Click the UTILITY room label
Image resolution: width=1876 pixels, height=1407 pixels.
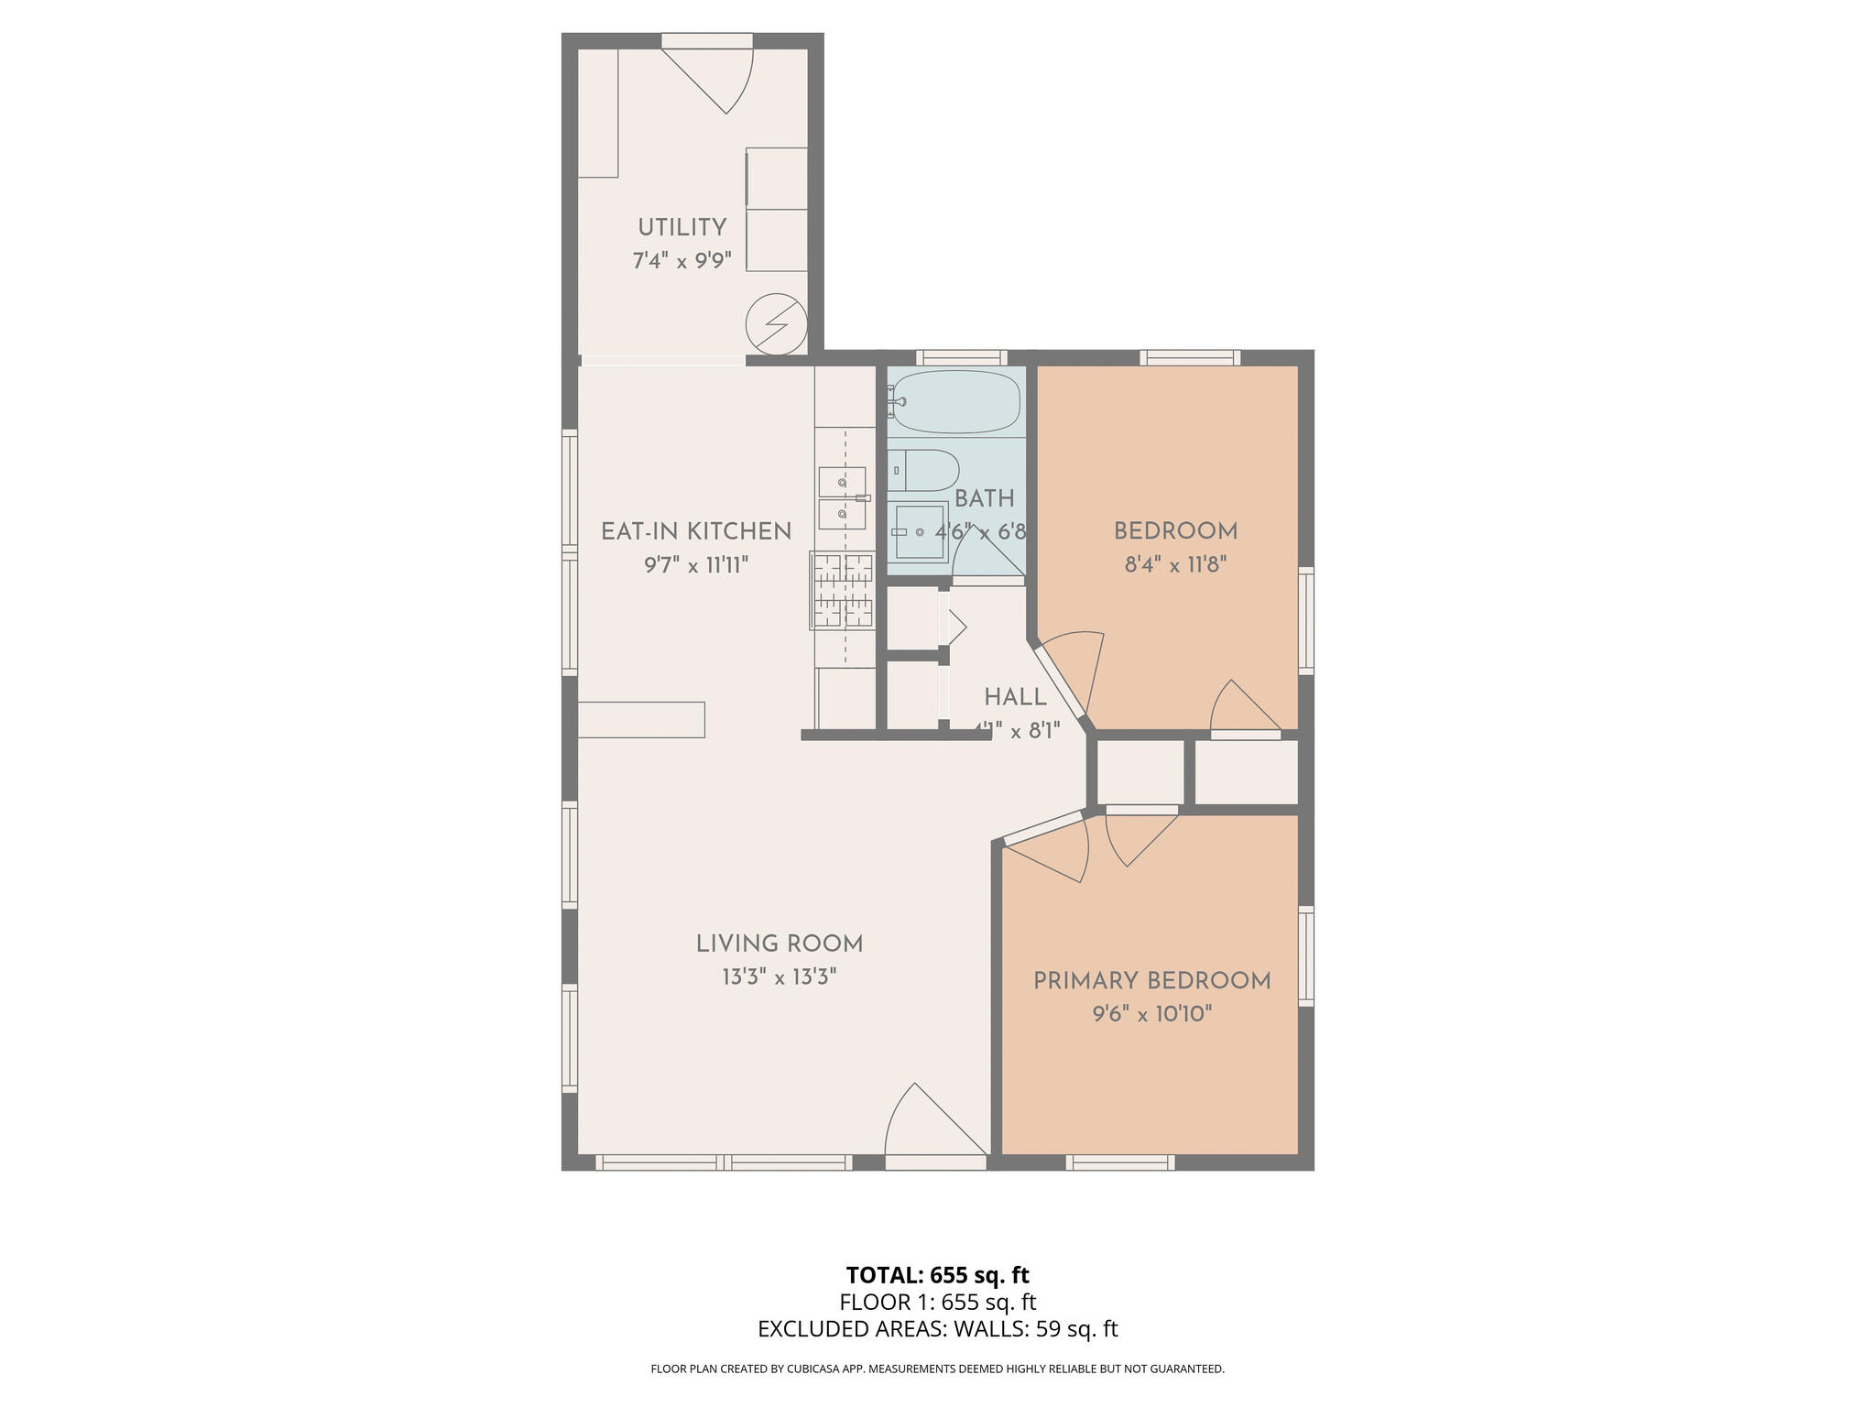pos(682,227)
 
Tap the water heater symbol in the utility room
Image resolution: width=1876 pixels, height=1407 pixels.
pos(776,324)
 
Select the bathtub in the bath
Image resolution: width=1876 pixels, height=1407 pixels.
pos(955,401)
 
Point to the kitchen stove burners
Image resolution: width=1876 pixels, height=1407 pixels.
pos(842,591)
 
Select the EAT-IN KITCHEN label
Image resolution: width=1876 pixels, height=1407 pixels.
pos(695,531)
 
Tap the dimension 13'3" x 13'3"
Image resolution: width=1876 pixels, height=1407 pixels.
pos(779,977)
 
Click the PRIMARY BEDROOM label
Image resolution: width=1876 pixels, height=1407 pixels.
pos(1151,981)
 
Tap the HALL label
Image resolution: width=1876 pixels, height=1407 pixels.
pos(1015,697)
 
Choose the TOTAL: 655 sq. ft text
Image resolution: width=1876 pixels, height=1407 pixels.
pos(937,1275)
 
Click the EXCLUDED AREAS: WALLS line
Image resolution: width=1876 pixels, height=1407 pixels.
pos(937,1329)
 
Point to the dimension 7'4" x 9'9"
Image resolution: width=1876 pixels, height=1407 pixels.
pos(682,261)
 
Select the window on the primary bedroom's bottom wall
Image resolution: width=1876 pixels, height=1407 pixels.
pos(1119,1162)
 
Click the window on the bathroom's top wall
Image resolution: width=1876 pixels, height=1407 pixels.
pos(961,357)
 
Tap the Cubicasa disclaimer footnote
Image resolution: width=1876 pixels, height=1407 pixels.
pos(937,1369)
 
